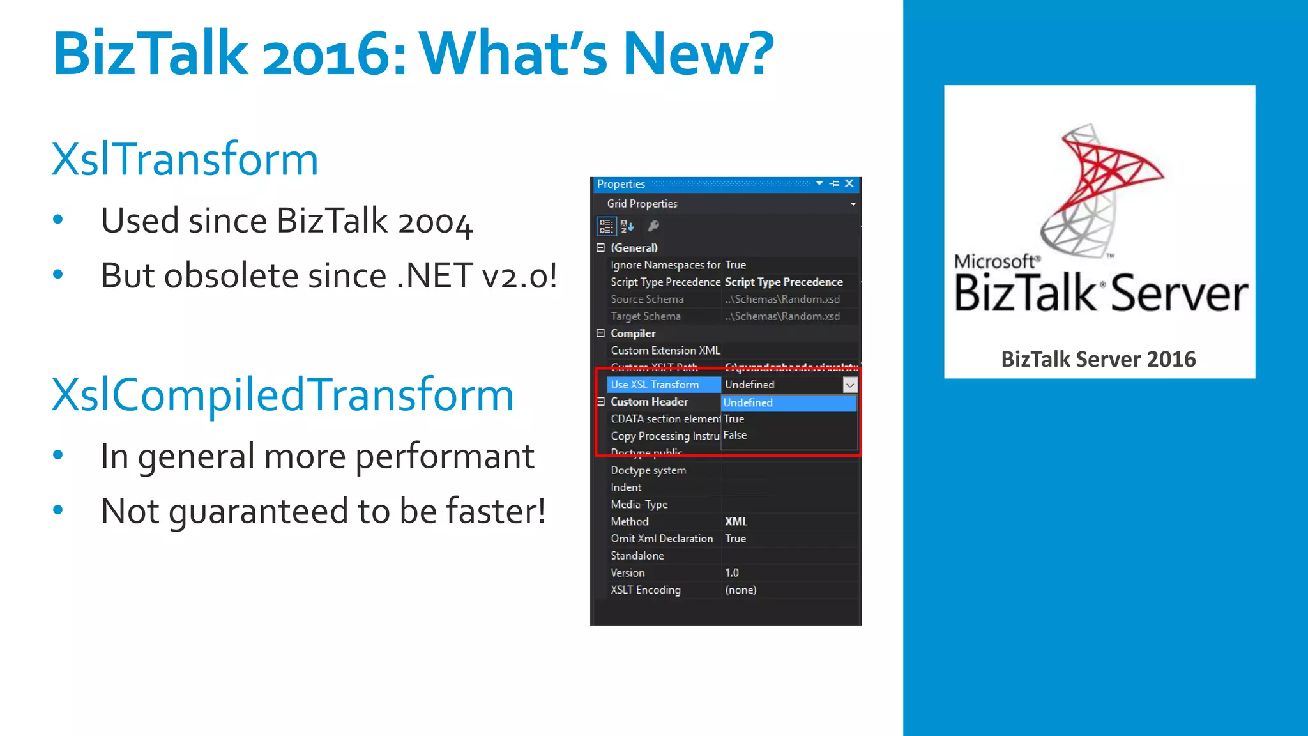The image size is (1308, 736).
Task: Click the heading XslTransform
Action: [x=185, y=159]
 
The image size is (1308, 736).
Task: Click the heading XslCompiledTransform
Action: [x=282, y=395]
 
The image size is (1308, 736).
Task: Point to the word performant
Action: [x=445, y=456]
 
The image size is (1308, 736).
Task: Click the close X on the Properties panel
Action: [x=849, y=183]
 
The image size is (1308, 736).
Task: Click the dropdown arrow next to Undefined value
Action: [x=849, y=385]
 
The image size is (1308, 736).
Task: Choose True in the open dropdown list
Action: [x=734, y=419]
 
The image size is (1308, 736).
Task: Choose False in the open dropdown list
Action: [x=735, y=436]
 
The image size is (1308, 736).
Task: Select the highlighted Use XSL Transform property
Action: [x=655, y=385]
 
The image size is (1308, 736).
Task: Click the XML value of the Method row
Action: [x=736, y=522]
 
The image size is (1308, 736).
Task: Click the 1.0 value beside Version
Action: [x=732, y=573]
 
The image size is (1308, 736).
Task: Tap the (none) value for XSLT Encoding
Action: [x=740, y=590]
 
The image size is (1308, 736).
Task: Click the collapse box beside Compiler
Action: [x=600, y=333]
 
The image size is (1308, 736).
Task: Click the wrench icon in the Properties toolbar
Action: [x=653, y=226]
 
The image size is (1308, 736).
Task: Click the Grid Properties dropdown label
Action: [x=642, y=204]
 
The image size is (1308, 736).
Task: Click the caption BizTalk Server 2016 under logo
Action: [x=1098, y=360]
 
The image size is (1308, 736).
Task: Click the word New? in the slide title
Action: [x=698, y=54]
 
